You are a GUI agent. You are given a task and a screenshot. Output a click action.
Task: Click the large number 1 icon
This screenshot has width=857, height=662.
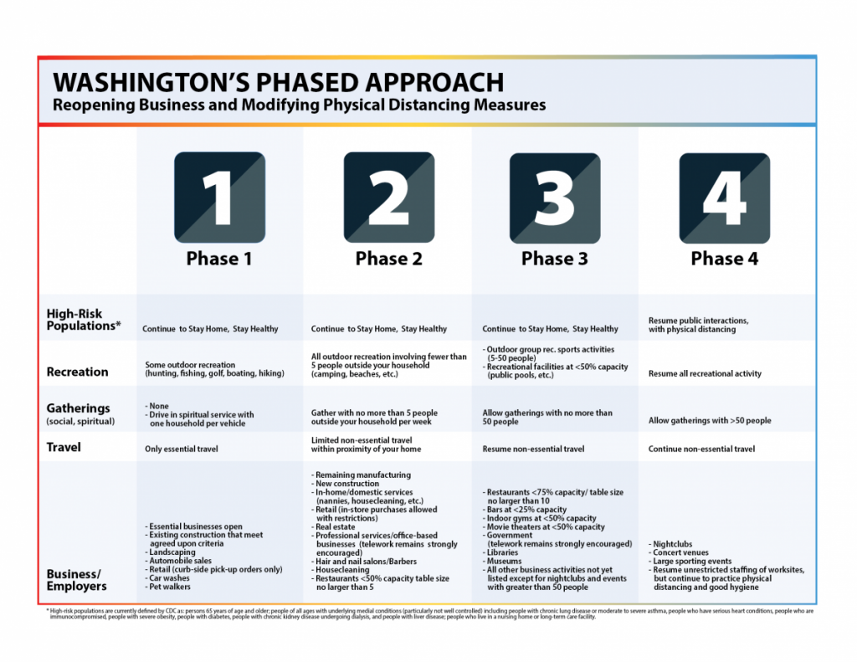click(219, 198)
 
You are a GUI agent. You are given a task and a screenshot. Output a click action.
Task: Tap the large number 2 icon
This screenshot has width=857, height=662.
click(388, 198)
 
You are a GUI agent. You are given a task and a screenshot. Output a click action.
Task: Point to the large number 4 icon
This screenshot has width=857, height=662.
click(724, 198)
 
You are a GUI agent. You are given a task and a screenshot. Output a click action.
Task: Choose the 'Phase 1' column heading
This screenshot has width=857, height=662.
click(219, 259)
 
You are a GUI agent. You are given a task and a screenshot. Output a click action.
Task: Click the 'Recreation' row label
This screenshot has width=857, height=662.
click(77, 372)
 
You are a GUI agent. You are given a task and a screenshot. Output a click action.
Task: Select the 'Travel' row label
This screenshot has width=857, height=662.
click(64, 448)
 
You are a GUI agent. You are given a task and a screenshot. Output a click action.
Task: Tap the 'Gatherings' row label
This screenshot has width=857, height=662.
click(79, 408)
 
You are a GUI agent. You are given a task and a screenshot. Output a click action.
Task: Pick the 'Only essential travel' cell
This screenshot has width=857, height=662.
click(181, 449)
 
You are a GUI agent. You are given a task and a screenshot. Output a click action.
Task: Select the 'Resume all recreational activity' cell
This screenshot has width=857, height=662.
click(705, 374)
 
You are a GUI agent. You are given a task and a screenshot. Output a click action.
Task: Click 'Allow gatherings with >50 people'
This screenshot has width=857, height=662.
click(710, 421)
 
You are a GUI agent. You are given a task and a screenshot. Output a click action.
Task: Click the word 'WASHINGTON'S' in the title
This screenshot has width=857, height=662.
click(153, 82)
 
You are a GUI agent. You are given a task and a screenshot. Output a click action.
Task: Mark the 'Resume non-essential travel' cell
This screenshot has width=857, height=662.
click(533, 449)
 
